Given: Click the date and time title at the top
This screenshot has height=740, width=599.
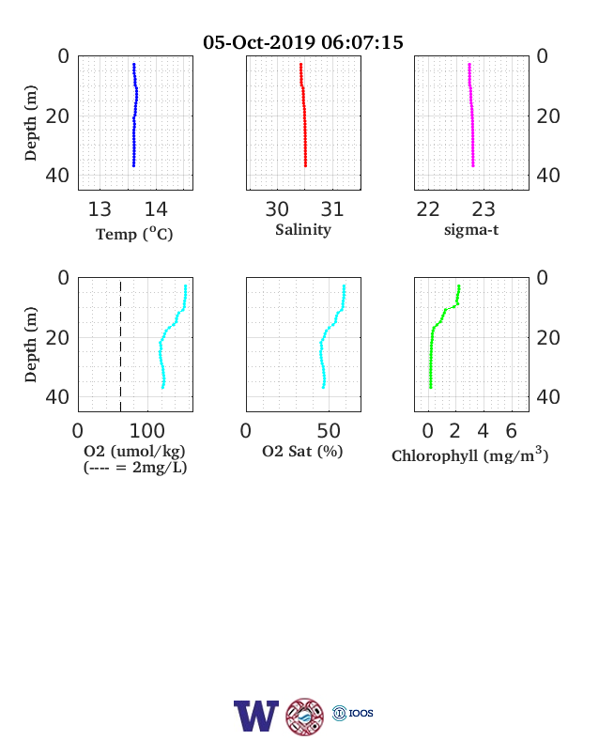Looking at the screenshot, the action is point(303,42).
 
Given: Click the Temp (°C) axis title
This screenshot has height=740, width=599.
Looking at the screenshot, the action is point(134,234).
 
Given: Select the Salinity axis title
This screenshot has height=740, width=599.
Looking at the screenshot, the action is point(303,230).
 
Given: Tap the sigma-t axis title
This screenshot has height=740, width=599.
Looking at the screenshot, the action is point(471,230).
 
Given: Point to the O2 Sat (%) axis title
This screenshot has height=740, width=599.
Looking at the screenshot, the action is point(302,452).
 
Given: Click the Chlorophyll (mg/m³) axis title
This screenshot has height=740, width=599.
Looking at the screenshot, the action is point(469,455).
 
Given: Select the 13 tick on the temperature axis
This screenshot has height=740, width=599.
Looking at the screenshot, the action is point(100,209).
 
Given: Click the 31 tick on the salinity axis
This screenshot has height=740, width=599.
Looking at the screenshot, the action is point(332,209).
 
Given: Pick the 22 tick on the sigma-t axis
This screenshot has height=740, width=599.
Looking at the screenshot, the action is point(428,209).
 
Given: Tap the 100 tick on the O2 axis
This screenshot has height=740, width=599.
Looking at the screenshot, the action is point(147,431).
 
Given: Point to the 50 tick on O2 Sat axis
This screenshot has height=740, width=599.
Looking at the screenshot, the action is point(329,431).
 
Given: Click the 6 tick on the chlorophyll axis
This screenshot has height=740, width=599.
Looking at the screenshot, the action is point(512,431).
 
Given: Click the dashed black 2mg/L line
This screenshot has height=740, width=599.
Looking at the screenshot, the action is point(121,347).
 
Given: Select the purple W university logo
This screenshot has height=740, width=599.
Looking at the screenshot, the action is point(256,716).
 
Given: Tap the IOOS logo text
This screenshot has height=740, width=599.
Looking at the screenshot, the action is point(361,713).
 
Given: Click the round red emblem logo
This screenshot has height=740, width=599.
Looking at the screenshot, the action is point(305,717).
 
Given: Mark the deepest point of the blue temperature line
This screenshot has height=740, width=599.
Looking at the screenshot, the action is point(133,165).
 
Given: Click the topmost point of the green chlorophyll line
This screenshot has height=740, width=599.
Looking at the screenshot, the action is point(459,286).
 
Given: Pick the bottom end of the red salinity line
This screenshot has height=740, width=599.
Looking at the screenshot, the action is point(306,165).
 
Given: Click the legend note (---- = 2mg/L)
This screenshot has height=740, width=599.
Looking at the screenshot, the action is point(135,468).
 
